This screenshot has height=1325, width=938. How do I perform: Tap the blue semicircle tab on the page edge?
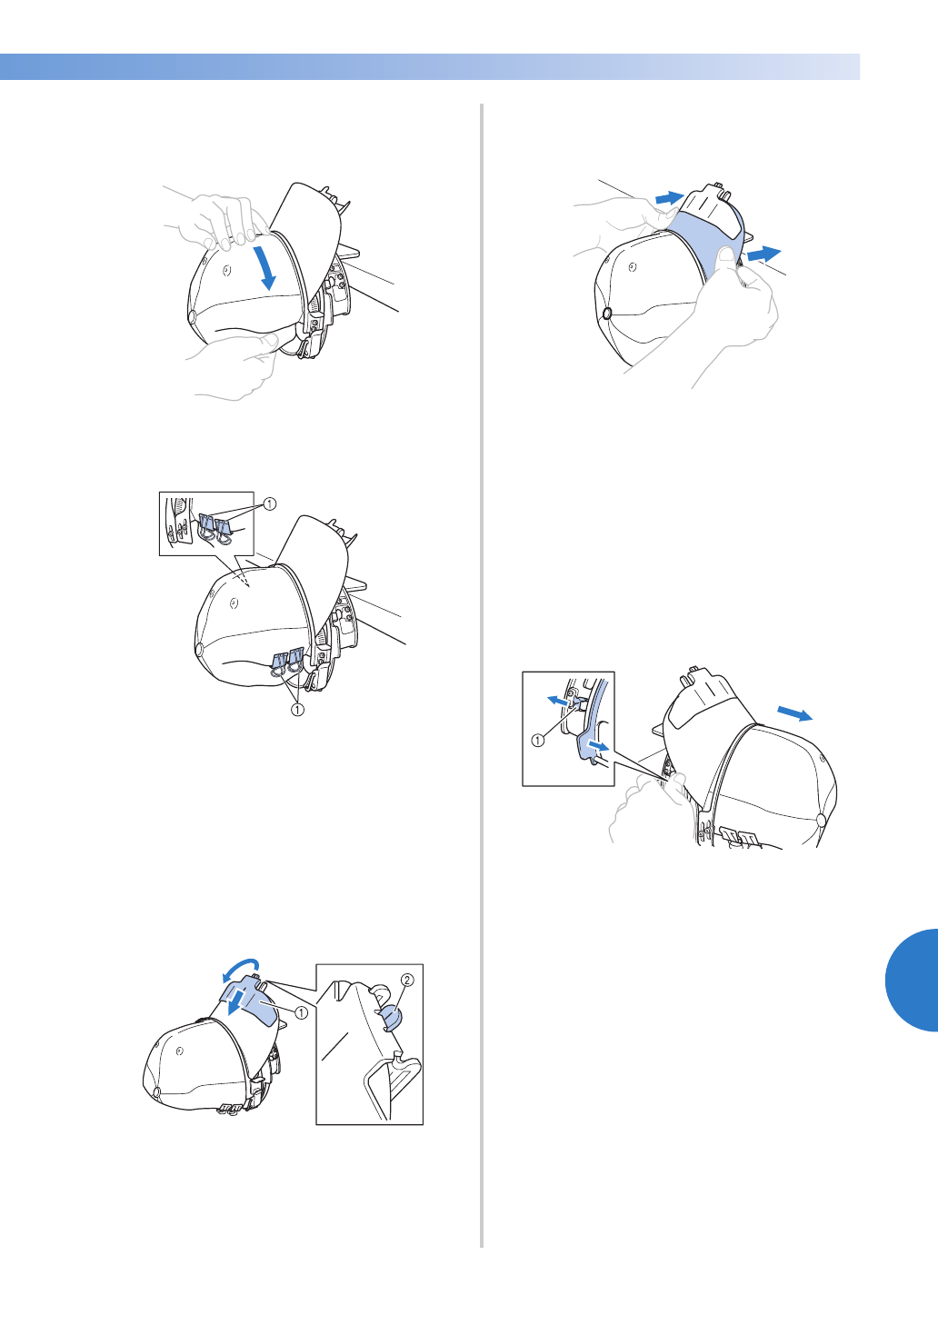coord(912,981)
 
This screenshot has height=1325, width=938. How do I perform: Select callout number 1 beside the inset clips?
coord(269,503)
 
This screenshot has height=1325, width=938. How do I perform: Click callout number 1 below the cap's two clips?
coord(297,709)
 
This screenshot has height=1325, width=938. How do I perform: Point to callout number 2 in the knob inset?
coord(407,981)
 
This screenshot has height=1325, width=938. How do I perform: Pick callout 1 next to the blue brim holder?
coord(301,1012)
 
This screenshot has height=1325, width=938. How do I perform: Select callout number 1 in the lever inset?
coord(537,740)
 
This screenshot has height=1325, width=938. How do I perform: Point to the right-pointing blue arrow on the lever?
coord(599,746)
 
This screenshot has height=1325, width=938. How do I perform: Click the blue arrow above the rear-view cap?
coord(795,713)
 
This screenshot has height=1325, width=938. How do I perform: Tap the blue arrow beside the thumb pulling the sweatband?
coord(764,254)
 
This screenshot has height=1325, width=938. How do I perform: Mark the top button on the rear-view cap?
coord(821,820)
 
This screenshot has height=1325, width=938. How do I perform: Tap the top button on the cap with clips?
coord(199,651)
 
